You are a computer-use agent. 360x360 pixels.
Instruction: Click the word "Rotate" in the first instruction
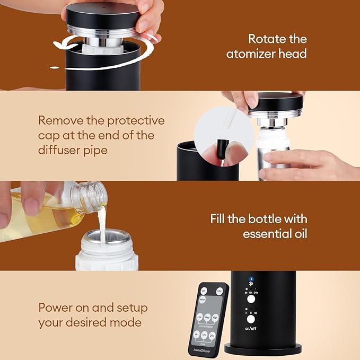[264, 39]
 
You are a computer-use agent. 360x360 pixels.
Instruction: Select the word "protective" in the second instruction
[136, 120]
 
